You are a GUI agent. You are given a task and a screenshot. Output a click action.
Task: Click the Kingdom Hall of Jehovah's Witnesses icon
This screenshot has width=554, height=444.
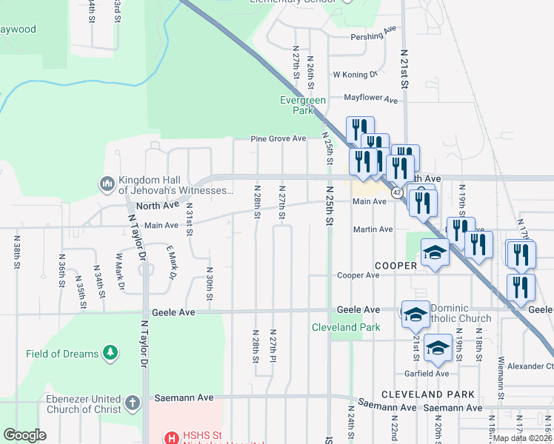107,183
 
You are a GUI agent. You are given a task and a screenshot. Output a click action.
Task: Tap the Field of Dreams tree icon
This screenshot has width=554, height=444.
110,353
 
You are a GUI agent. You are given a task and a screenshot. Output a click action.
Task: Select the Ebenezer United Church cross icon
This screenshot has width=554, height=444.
133,403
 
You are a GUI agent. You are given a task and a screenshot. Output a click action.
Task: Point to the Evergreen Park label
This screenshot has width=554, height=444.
298,105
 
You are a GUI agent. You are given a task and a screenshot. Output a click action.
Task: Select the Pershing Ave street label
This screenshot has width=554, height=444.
374,36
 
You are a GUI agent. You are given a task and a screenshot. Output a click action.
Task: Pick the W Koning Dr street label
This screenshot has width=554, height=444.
356,75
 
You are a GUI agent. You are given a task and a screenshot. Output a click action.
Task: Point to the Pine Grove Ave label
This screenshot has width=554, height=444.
278,138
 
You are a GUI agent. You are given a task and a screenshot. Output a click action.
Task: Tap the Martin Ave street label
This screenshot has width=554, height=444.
373,230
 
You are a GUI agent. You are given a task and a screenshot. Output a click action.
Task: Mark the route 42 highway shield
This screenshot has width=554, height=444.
397,192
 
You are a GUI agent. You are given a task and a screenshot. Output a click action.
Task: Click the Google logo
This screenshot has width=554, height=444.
24,435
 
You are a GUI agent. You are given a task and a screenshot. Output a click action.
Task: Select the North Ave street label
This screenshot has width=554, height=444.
157,205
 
